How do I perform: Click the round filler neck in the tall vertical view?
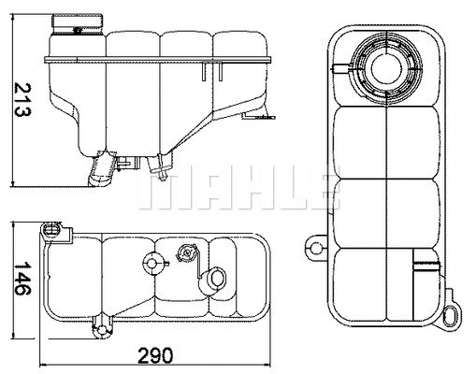[384, 67]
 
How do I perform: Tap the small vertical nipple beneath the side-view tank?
[161, 171]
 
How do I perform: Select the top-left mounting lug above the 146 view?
[53, 227]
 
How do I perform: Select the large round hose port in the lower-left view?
[216, 278]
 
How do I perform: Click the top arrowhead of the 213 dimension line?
[23, 20]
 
